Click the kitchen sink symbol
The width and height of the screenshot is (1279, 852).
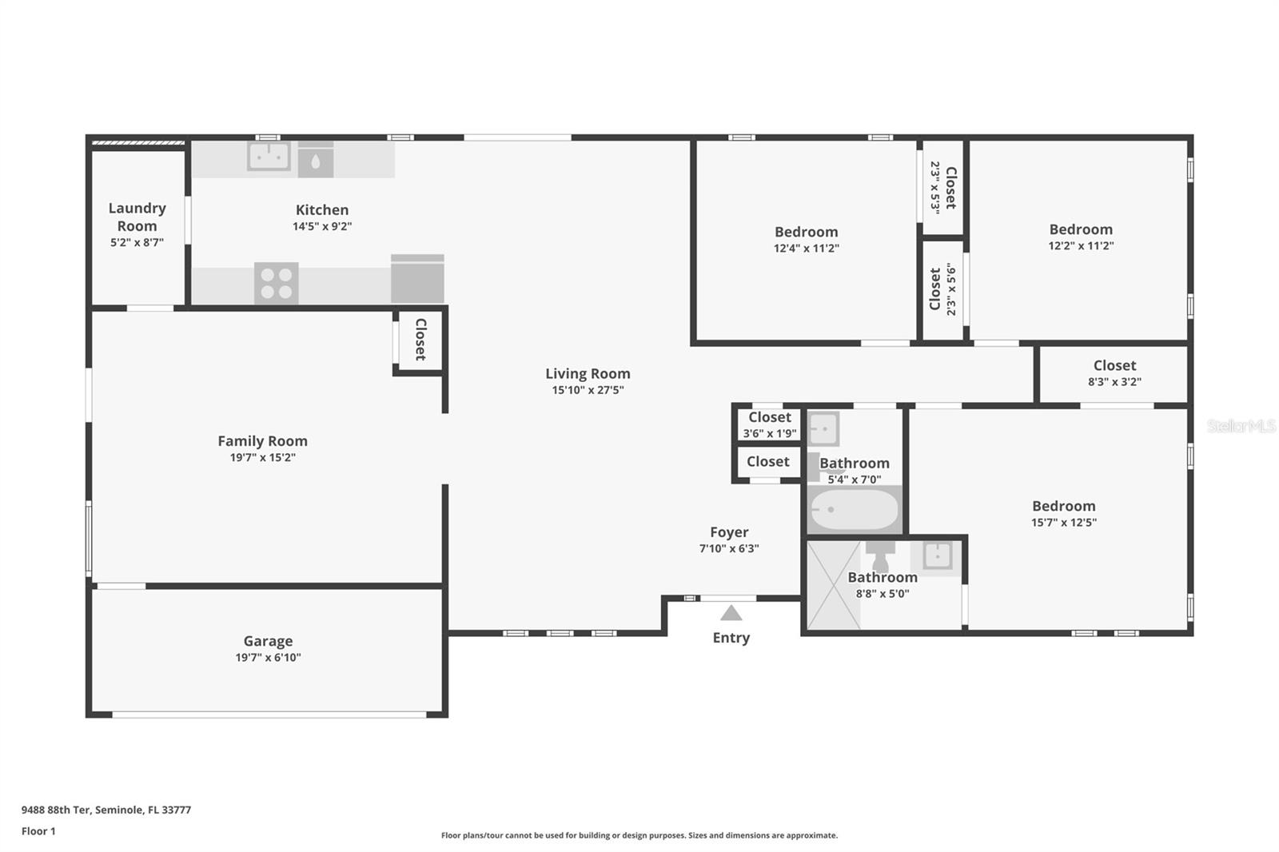(269, 156)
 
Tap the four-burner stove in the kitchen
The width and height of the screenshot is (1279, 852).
(277, 283)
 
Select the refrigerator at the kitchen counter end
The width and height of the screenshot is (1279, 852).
(417, 279)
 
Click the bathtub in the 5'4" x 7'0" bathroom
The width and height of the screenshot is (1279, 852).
(855, 509)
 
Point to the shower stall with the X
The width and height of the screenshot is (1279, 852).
(834, 585)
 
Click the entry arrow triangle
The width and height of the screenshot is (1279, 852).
(731, 613)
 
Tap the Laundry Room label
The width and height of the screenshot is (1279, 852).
(137, 217)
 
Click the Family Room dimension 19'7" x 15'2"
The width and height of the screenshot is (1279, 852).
(263, 457)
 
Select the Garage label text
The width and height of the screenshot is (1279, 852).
(268, 641)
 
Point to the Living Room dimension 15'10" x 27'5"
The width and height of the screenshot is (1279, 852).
(588, 390)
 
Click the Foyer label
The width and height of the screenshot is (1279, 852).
(729, 532)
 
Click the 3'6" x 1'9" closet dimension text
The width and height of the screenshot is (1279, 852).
(770, 433)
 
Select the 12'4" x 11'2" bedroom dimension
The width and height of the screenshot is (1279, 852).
(807, 249)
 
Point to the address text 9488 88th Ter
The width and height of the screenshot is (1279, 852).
(56, 810)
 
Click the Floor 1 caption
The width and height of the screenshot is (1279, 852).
(38, 831)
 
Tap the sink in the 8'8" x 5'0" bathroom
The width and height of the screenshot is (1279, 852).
(936, 555)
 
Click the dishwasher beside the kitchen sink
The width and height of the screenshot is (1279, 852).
(316, 159)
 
